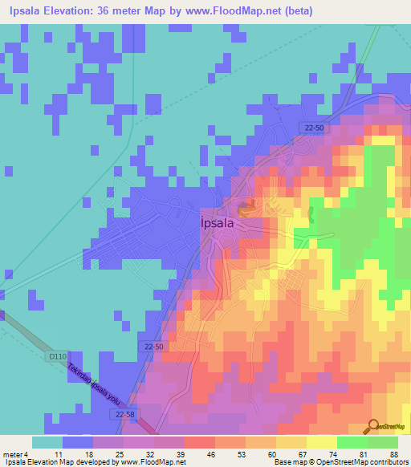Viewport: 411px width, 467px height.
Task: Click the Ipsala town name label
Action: point(217,225)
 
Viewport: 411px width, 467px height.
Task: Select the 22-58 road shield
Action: point(121,414)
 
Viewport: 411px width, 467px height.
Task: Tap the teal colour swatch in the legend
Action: point(47,442)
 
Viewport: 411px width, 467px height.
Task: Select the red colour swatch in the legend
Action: point(199,442)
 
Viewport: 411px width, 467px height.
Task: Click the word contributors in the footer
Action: point(389,462)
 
